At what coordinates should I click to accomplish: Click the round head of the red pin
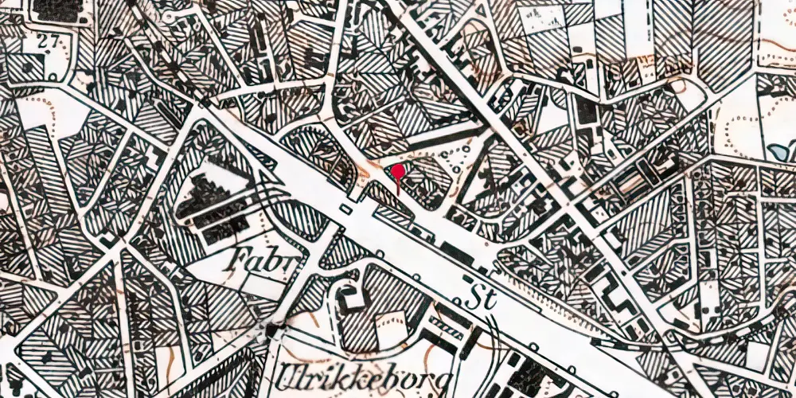(x=397, y=170)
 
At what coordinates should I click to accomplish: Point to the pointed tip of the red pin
(x=397, y=193)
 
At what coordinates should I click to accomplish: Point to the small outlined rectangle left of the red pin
(x=344, y=209)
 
